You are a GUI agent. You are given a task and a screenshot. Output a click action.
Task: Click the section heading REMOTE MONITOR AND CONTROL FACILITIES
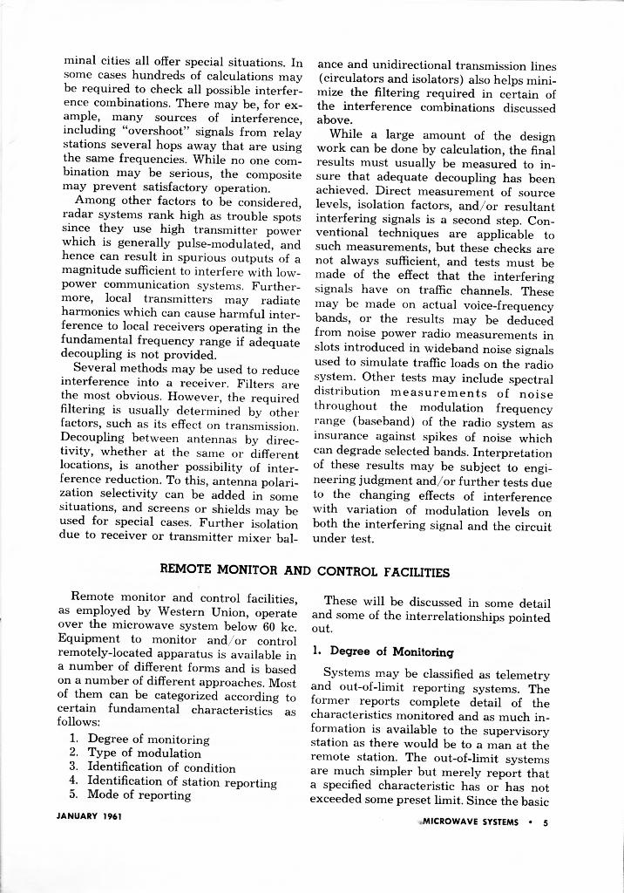(305, 572)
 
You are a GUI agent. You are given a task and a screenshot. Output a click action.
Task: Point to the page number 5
(546, 821)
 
